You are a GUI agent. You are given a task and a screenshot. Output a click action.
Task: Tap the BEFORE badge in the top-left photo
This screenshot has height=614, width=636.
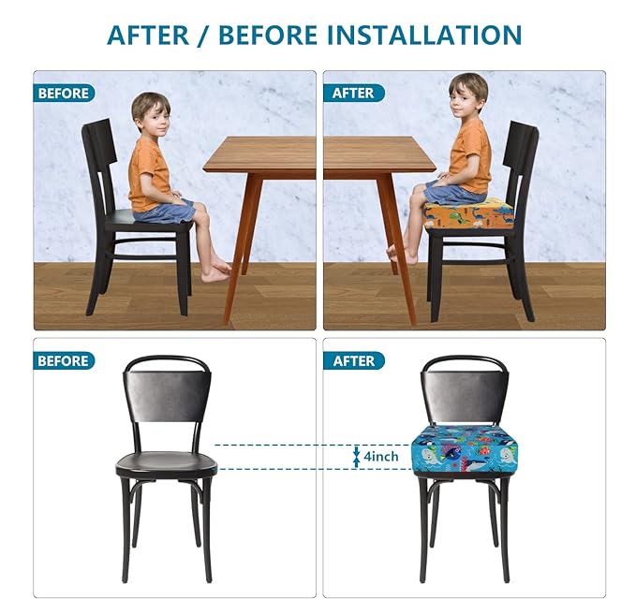pyautogui.click(x=64, y=93)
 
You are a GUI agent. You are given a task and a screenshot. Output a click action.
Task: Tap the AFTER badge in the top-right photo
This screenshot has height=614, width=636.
pyautogui.click(x=353, y=93)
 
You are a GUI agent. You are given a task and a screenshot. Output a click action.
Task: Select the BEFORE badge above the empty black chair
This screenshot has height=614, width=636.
pyautogui.click(x=64, y=360)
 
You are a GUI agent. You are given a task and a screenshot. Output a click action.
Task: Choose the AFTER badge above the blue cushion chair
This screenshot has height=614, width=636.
pyautogui.click(x=353, y=360)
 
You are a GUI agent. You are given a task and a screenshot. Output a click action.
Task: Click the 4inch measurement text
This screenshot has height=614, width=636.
pyautogui.click(x=381, y=456)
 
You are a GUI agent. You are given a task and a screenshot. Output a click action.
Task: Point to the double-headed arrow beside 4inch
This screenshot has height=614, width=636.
pyautogui.click(x=356, y=456)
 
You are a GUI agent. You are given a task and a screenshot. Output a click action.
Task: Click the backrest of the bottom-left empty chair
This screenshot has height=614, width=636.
pyautogui.click(x=166, y=394)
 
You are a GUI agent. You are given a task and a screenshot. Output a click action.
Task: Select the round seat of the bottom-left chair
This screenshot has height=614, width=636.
pyautogui.click(x=166, y=462)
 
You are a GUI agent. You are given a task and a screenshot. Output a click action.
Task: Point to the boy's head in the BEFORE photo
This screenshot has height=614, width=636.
pyautogui.click(x=150, y=110)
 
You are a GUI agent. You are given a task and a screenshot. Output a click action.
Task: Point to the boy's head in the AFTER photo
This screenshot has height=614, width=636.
pyautogui.click(x=467, y=92)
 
